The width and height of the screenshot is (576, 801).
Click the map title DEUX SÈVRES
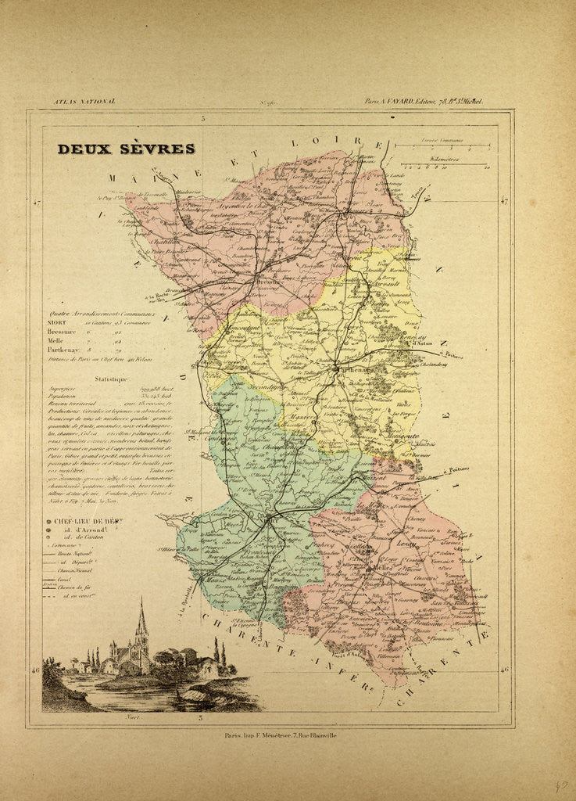tap(126, 149)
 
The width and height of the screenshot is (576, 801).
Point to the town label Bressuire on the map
tap(268, 282)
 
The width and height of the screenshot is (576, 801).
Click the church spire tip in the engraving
tap(141, 601)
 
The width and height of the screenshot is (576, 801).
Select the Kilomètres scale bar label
tap(444, 158)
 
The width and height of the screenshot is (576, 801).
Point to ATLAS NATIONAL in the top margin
tap(84, 102)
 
